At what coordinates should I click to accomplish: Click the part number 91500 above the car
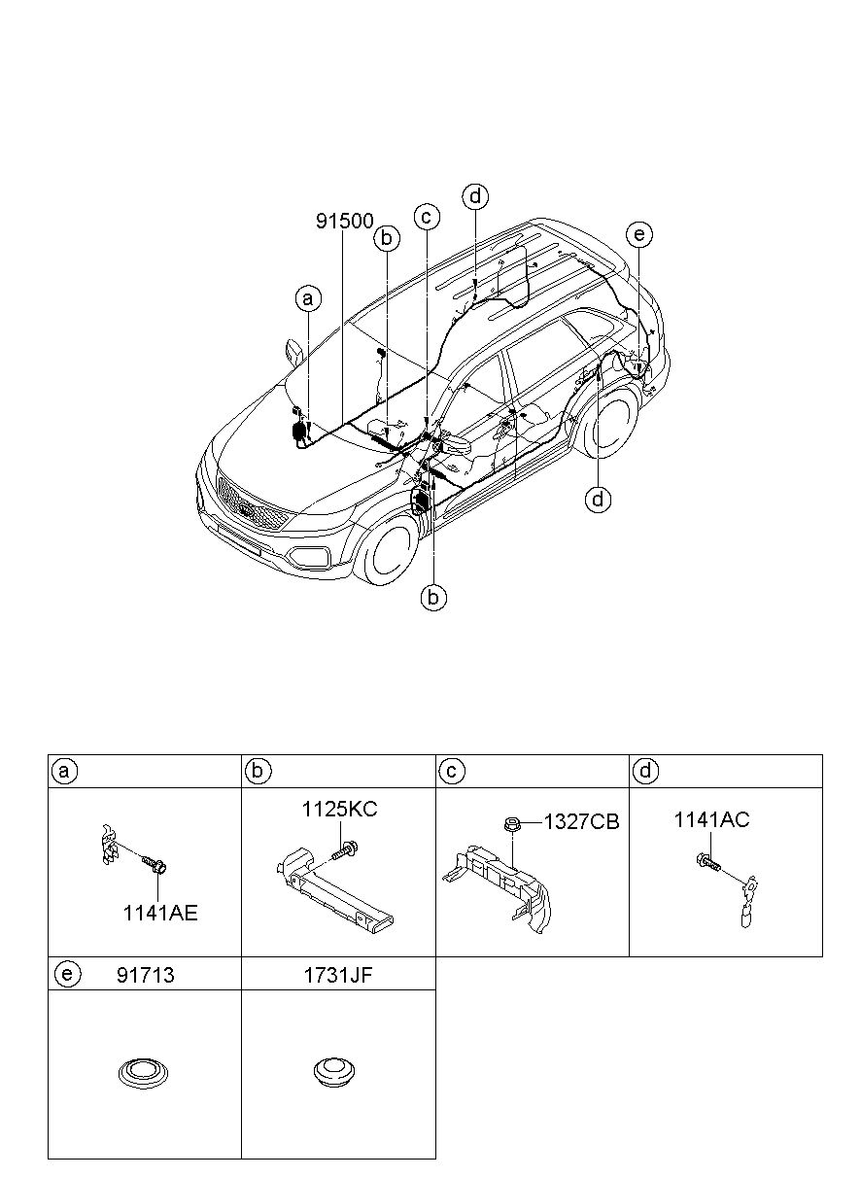click(344, 222)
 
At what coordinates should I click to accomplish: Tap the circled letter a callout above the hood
click(308, 299)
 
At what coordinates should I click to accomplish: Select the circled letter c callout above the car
click(427, 217)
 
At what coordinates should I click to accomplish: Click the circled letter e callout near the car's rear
click(638, 234)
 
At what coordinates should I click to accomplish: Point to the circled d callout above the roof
click(474, 196)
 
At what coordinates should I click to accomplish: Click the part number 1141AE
click(159, 913)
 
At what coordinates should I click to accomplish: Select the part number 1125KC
click(339, 809)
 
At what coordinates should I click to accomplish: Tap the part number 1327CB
click(581, 822)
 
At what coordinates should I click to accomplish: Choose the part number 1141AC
click(711, 820)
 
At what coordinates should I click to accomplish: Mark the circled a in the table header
click(64, 772)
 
